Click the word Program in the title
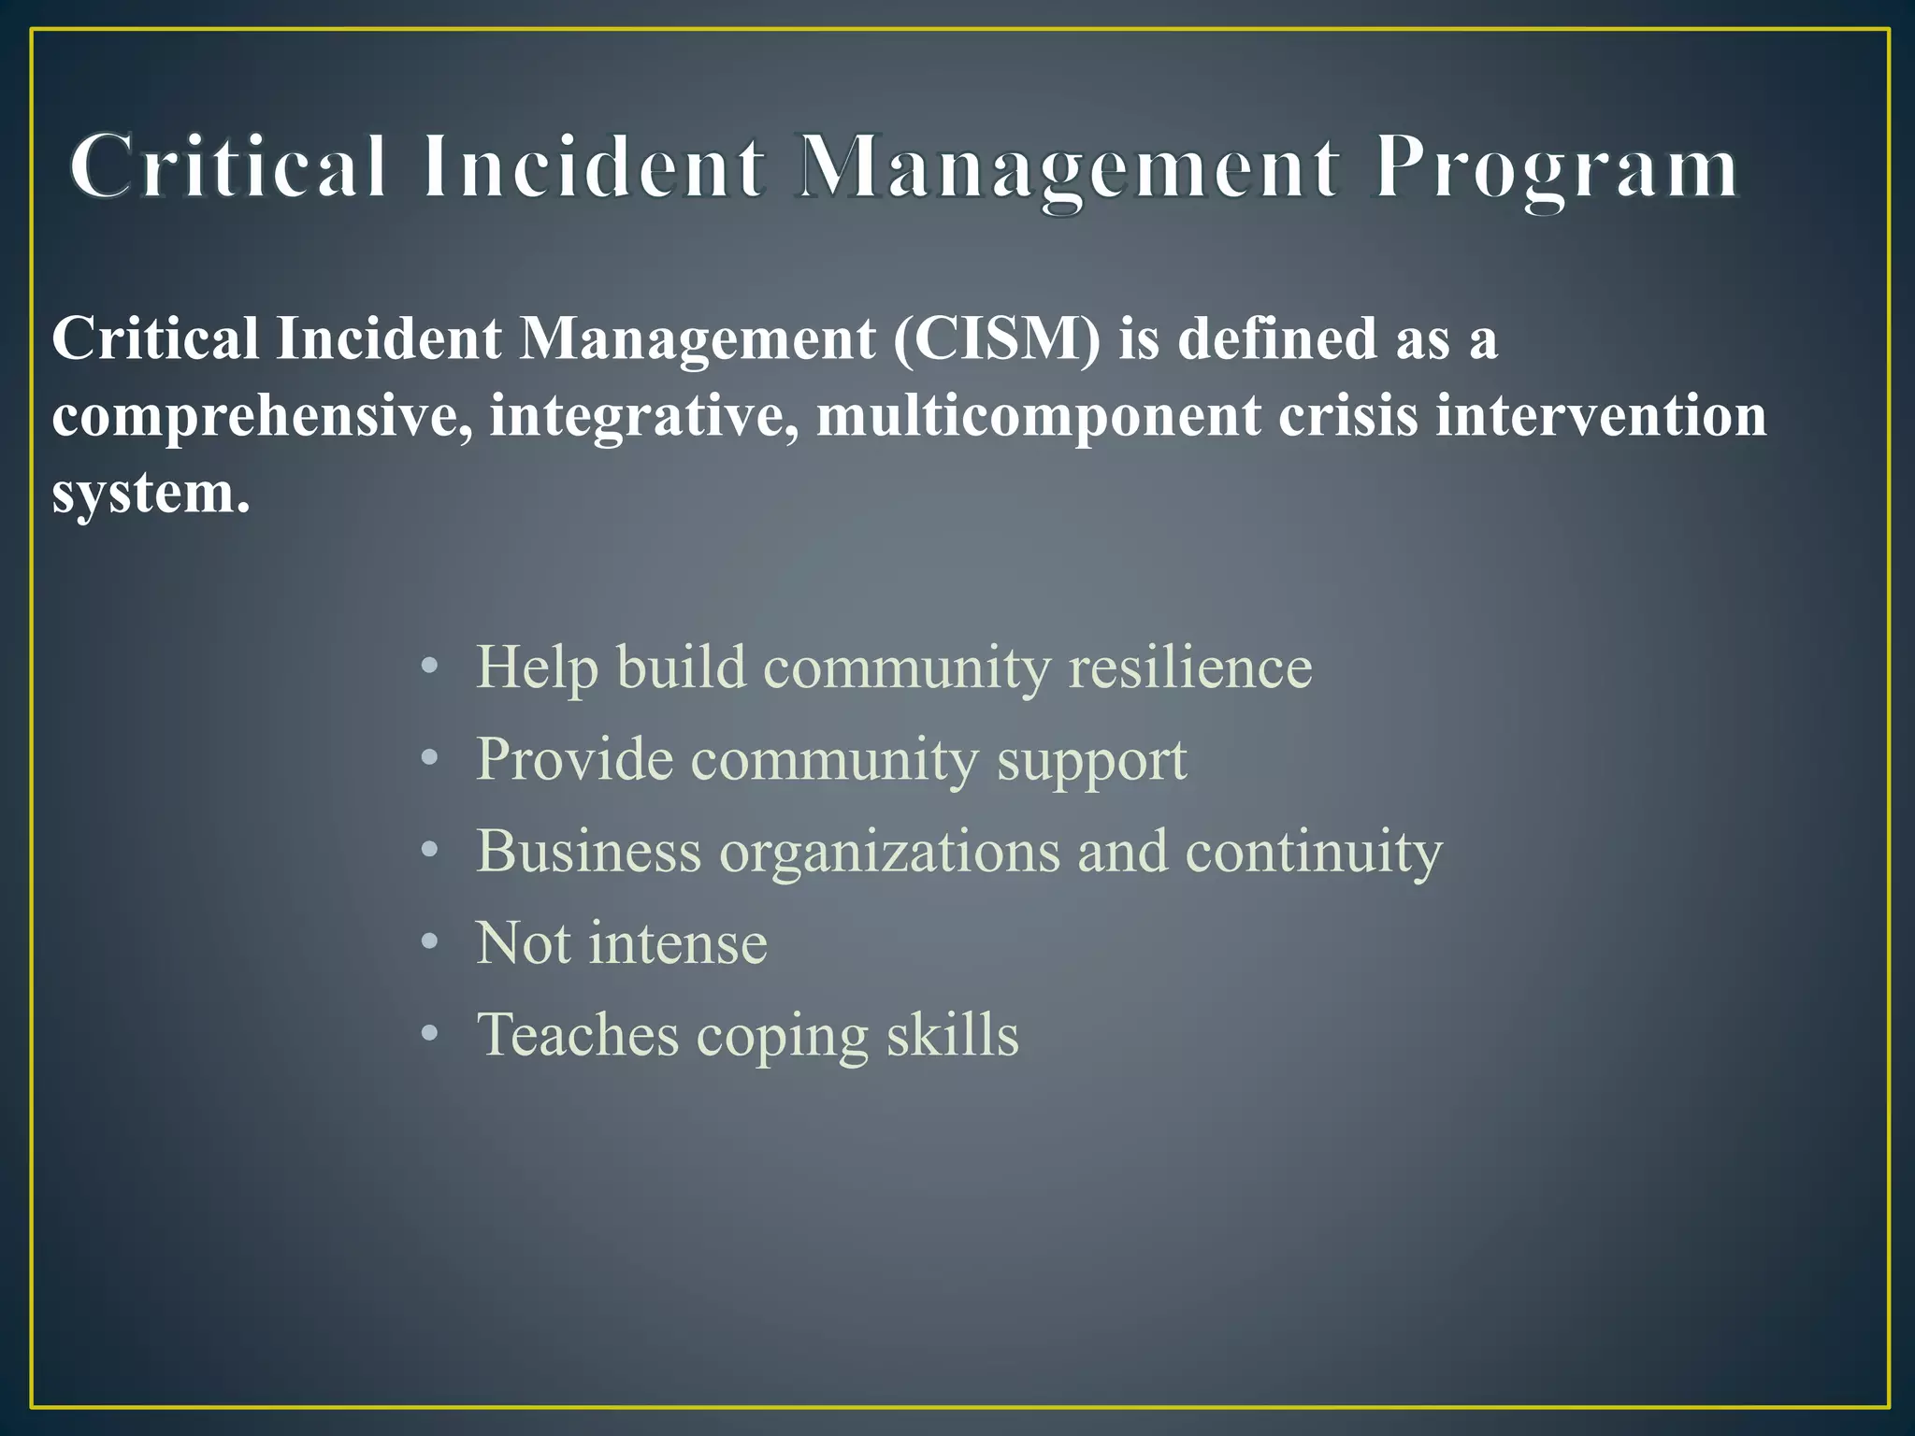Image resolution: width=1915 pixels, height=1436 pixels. [1556, 168]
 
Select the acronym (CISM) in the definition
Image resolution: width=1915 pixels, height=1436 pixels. [997, 337]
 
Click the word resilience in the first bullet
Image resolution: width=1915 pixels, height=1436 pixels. [1190, 668]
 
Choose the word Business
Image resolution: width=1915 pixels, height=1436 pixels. [588, 851]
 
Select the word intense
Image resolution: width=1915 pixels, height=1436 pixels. [678, 942]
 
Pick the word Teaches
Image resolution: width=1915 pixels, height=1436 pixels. [578, 1034]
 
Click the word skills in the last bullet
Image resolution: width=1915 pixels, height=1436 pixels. [952, 1034]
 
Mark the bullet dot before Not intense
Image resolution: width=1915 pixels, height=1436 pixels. [429, 942]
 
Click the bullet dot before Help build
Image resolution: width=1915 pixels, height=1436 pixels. [429, 668]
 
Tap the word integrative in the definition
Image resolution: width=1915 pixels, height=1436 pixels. [644, 416]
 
